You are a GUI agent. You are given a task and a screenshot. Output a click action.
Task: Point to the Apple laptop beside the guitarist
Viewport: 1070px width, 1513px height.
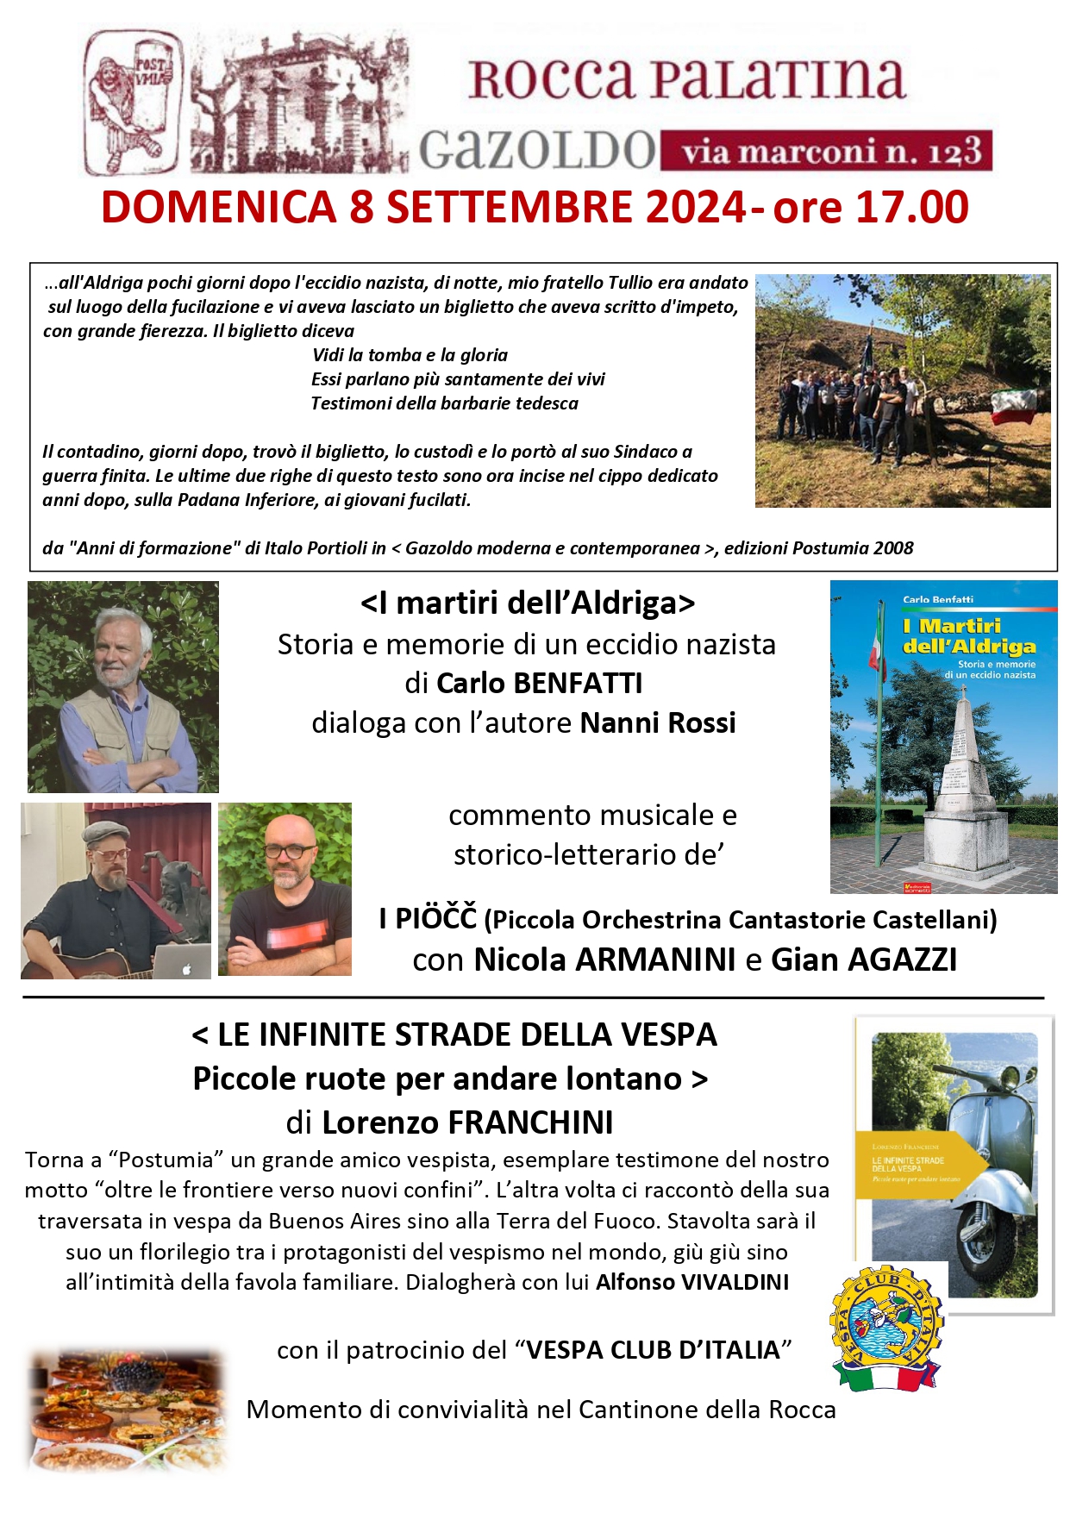tap(181, 960)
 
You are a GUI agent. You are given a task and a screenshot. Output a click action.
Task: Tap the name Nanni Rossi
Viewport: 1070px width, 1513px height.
tap(658, 722)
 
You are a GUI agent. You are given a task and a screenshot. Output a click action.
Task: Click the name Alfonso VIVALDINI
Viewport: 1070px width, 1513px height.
tap(692, 1282)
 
